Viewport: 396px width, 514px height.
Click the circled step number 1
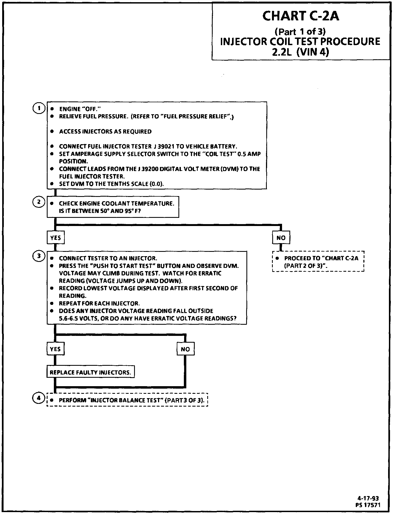(39, 108)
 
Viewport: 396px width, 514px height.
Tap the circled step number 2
(39, 202)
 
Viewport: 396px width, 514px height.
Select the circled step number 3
(39, 256)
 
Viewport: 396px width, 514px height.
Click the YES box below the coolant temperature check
(55, 238)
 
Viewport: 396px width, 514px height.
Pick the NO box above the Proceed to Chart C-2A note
(281, 238)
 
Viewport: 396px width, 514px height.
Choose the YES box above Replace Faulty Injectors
(55, 349)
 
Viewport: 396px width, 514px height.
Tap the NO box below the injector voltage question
(185, 349)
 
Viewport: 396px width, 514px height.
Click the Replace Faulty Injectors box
(90, 372)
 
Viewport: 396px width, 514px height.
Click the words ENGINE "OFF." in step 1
(80, 109)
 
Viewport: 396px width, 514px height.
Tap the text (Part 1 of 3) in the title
(300, 32)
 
